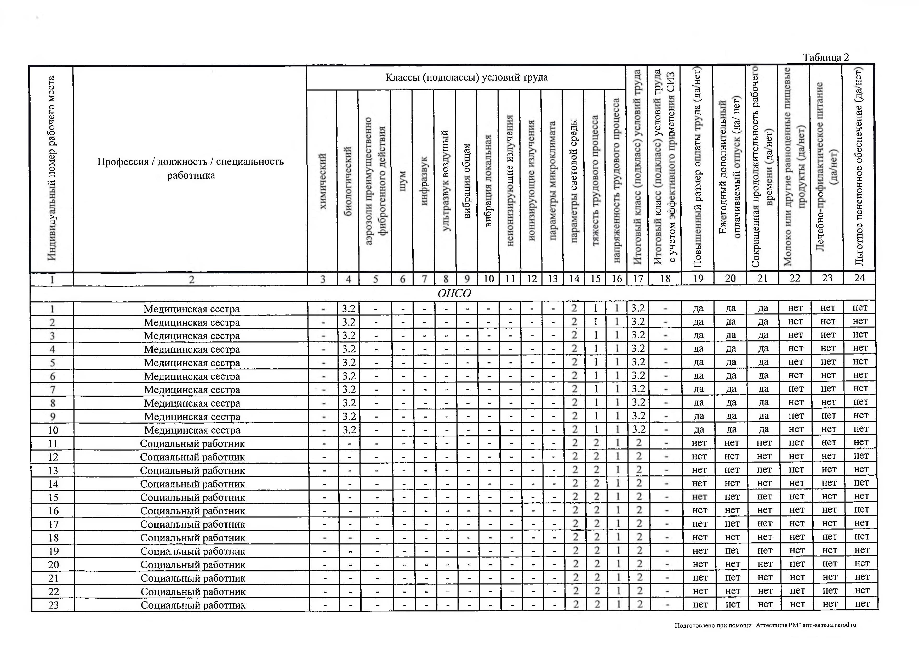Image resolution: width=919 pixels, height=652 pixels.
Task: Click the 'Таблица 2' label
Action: tap(826, 57)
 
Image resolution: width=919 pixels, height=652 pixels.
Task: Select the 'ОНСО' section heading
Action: tap(454, 294)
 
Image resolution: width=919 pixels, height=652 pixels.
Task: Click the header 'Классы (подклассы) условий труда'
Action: tap(466, 77)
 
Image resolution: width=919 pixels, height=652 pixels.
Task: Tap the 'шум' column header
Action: tap(403, 181)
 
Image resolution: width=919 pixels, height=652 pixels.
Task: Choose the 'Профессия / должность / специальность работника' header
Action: tap(191, 168)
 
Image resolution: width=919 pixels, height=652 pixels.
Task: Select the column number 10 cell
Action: tap(488, 279)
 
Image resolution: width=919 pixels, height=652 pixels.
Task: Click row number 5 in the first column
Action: tap(52, 363)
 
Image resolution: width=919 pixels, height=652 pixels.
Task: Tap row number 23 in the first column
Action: tap(53, 605)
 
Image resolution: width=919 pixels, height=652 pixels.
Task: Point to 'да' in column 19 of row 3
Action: tap(698, 335)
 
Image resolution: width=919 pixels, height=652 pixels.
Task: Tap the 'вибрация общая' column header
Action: tap(466, 181)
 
